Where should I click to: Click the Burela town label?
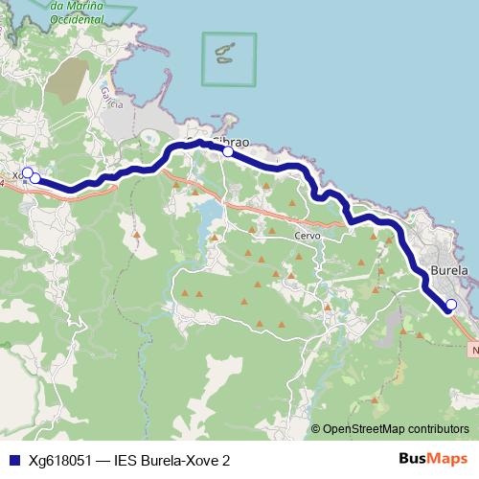pos(449,270)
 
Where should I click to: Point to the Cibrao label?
pos(237,140)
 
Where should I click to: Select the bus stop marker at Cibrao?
pos(228,151)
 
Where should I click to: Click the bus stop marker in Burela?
pos(451,306)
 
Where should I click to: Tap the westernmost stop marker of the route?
pos(28,173)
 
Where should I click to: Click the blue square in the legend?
pos(12,460)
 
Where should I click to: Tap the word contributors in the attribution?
pos(438,429)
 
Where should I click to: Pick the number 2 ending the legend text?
pos(226,460)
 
